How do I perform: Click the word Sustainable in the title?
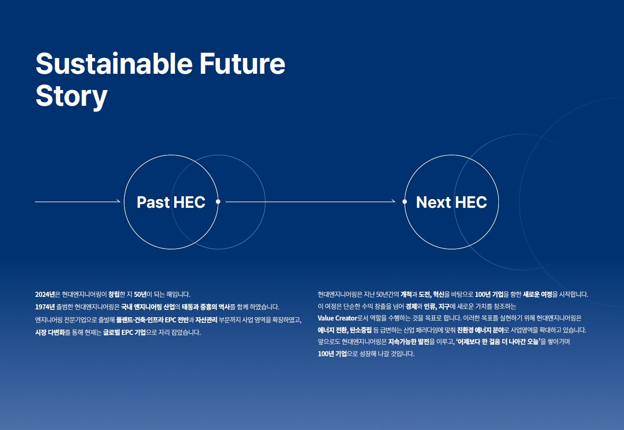(114, 64)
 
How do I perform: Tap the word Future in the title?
(242, 64)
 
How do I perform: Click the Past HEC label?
(171, 202)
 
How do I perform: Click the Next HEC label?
(451, 202)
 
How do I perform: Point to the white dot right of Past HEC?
(218, 202)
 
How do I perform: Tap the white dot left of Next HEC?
(404, 202)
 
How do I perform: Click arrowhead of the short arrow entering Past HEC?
(119, 201)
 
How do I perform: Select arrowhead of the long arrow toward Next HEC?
(393, 201)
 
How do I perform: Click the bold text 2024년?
(44, 295)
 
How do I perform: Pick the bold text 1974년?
(44, 307)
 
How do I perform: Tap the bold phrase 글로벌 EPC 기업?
(124, 333)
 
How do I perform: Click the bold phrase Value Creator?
(337, 318)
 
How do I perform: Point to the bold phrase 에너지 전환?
(332, 330)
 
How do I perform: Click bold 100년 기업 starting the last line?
(332, 354)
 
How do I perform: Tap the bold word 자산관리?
(206, 320)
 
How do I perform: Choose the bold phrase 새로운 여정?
(537, 295)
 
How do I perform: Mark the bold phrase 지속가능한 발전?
(409, 342)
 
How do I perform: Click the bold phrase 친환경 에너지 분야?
(480, 330)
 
